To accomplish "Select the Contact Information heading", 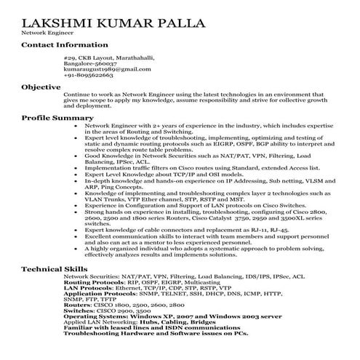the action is [x=65, y=45].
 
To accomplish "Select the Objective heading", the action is [x=41, y=87].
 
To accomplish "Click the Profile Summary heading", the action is [x=57, y=116].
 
